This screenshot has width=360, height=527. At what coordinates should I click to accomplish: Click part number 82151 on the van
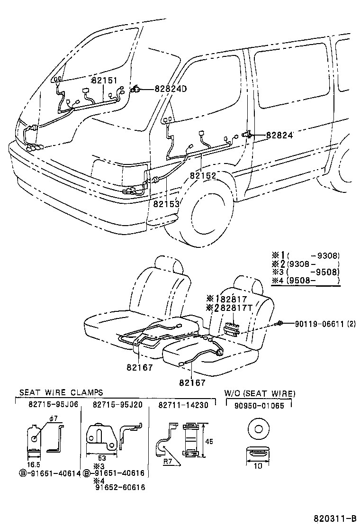pyautogui.click(x=104, y=81)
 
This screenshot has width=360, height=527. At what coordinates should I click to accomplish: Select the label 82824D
pyautogui.click(x=171, y=89)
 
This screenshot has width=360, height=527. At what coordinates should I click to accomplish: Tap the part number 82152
pyautogui.click(x=203, y=175)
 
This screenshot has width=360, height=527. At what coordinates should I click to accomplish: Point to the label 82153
pyautogui.click(x=166, y=204)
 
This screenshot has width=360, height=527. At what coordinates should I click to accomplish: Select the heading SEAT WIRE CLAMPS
pyautogui.click(x=61, y=393)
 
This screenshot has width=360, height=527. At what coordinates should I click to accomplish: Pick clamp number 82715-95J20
pyautogui.click(x=117, y=404)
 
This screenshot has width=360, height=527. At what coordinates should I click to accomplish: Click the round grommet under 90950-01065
pyautogui.click(x=258, y=430)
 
